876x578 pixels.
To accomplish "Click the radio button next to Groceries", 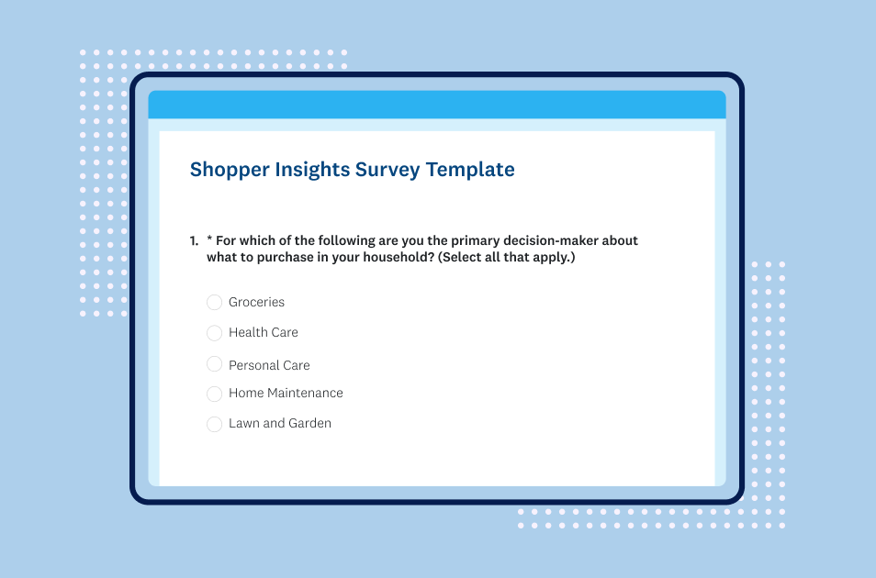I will click(x=214, y=303).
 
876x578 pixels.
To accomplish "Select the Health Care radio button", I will click(x=214, y=333).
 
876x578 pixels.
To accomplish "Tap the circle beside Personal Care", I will click(x=214, y=364).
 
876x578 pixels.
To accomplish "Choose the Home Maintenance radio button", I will click(x=214, y=394).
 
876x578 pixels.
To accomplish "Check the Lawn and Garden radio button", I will click(x=214, y=424).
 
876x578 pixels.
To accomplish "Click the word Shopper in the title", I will click(x=229, y=170).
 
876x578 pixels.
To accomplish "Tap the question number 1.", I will click(x=194, y=241).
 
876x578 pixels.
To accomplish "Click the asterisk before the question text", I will click(x=210, y=240).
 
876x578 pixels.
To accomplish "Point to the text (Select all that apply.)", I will click(x=506, y=258).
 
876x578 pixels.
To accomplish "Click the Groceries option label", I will click(x=256, y=303).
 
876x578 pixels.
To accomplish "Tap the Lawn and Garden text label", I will click(x=280, y=424).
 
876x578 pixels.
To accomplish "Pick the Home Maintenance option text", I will click(x=286, y=394).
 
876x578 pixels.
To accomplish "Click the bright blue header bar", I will click(x=437, y=105).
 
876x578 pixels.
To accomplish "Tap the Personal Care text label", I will click(x=269, y=365).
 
